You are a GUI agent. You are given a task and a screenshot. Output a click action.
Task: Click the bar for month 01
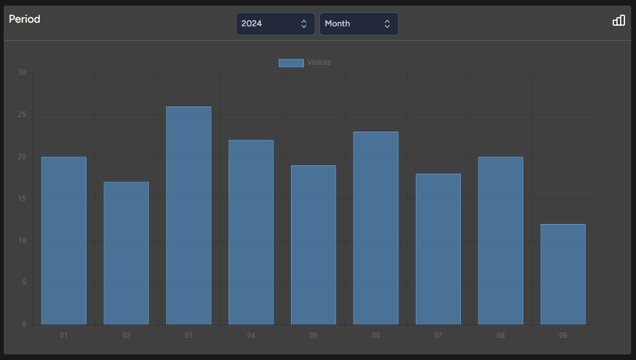click(x=64, y=241)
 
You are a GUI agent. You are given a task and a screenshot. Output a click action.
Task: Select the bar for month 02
click(x=126, y=253)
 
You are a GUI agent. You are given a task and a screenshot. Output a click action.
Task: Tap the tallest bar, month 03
click(x=189, y=216)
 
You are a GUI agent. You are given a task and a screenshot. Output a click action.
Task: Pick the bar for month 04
click(x=251, y=232)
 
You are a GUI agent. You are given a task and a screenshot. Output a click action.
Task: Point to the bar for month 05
click(x=314, y=245)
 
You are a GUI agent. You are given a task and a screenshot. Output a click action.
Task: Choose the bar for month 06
click(x=376, y=228)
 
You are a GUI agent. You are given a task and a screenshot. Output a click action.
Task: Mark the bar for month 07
click(x=438, y=249)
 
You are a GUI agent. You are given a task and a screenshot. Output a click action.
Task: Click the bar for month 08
click(x=501, y=241)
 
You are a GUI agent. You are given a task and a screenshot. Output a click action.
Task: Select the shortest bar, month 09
click(x=563, y=274)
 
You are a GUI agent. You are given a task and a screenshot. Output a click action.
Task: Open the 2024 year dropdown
click(x=275, y=24)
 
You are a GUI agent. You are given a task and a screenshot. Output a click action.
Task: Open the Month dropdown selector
click(x=358, y=24)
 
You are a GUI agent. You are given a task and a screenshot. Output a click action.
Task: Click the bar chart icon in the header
click(x=619, y=20)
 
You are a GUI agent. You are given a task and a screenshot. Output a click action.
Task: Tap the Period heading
click(x=25, y=19)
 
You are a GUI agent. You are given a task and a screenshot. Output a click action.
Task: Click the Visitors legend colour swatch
click(x=291, y=62)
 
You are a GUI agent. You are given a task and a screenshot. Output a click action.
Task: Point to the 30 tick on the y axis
click(x=22, y=72)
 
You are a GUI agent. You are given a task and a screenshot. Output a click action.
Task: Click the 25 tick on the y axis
click(x=22, y=114)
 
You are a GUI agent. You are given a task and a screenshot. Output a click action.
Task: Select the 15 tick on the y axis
click(x=22, y=198)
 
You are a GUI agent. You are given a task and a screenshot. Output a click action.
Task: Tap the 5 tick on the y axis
click(x=24, y=282)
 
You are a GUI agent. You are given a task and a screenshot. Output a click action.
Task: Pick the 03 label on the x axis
click(x=189, y=336)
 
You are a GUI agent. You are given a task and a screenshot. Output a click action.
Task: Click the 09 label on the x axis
click(x=563, y=336)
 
